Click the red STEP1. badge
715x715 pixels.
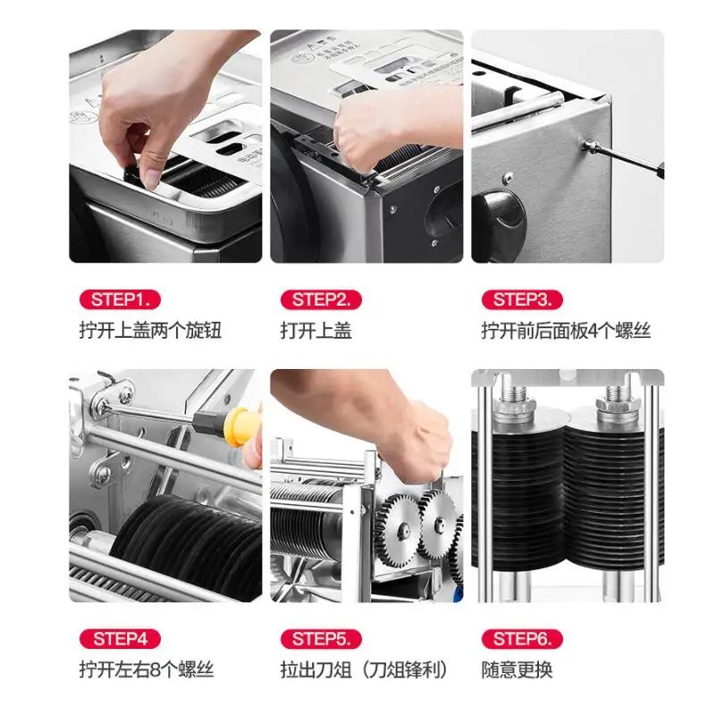(121, 299)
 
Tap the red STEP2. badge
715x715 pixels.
(321, 299)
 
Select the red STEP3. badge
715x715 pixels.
(522, 299)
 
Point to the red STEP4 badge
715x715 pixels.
(121, 639)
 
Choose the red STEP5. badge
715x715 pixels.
(321, 639)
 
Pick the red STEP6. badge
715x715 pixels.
(522, 639)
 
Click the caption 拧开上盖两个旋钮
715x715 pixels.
(150, 330)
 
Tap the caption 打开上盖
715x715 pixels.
(316, 330)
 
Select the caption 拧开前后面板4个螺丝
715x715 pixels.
(566, 330)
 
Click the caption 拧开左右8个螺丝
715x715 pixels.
(147, 669)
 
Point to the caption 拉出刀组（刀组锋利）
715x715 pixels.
(365, 669)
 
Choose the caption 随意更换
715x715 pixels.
(517, 669)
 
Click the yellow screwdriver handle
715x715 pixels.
(240, 426)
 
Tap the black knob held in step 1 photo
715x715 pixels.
(136, 174)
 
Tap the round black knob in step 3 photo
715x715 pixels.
(499, 220)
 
